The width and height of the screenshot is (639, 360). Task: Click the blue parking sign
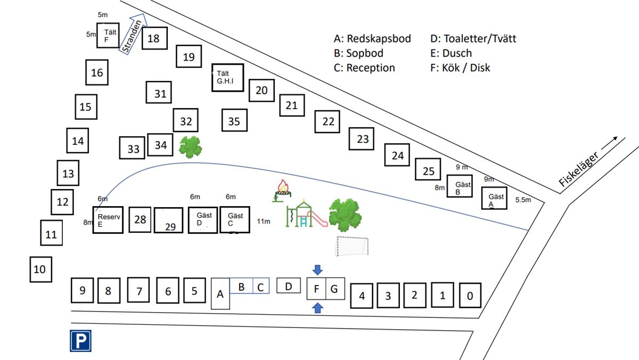tap(81, 341)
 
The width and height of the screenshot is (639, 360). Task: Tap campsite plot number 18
tap(153, 38)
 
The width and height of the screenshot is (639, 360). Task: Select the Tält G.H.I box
tap(227, 78)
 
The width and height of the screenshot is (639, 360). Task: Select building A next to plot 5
tap(220, 293)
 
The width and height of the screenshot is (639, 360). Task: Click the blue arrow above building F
tap(317, 270)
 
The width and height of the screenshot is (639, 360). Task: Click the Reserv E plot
tap(108, 219)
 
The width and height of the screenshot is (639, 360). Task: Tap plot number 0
tap(470, 296)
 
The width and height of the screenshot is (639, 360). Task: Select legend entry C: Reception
tap(364, 68)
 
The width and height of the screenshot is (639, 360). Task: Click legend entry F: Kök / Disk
tap(460, 68)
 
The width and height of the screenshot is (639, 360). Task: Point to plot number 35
tap(234, 121)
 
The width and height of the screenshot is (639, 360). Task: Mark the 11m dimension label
tap(264, 221)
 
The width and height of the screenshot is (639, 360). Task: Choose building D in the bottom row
tap(289, 287)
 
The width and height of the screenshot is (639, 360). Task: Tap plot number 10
tap(40, 269)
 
